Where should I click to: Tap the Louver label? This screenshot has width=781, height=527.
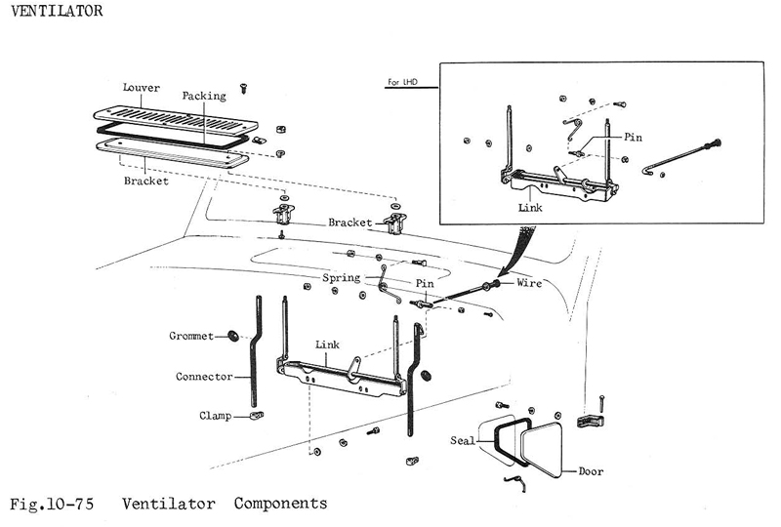pyautogui.click(x=141, y=88)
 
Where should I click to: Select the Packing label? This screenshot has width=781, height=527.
pyautogui.click(x=204, y=97)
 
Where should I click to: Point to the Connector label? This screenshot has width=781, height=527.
pyautogui.click(x=204, y=376)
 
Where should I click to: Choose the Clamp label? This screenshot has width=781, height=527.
pyautogui.click(x=215, y=415)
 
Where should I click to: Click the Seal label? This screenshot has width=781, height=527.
pyautogui.click(x=463, y=440)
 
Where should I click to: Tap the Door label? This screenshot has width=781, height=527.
pyautogui.click(x=591, y=471)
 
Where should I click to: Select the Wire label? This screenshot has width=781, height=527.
pyautogui.click(x=529, y=284)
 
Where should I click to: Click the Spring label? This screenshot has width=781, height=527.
pyautogui.click(x=341, y=278)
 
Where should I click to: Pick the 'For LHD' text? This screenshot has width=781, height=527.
pyautogui.click(x=399, y=82)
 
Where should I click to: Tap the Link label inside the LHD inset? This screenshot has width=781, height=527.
pyautogui.click(x=531, y=207)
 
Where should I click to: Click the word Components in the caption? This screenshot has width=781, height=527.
pyautogui.click(x=280, y=505)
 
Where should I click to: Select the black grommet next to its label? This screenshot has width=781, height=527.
pyautogui.click(x=234, y=336)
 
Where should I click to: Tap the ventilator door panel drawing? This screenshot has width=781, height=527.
pyautogui.click(x=553, y=445)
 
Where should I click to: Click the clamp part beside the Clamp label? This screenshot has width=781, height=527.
pyautogui.click(x=254, y=415)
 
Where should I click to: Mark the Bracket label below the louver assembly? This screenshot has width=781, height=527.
pyautogui.click(x=145, y=181)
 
